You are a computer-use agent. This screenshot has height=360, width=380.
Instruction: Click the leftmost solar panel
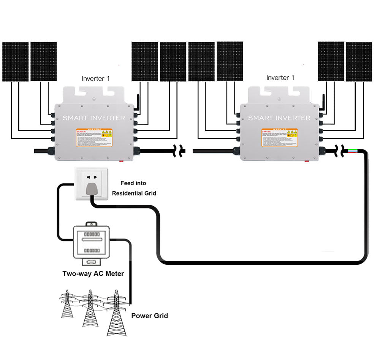(15, 62)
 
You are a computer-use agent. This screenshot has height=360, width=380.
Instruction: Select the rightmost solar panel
(358, 62)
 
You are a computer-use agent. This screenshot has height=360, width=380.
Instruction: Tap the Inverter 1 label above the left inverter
(96, 79)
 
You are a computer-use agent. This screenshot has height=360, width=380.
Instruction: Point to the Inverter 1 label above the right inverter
(280, 77)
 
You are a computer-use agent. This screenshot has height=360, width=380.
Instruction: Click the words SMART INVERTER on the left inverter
(93, 118)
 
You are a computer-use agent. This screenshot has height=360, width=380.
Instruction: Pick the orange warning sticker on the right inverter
(279, 138)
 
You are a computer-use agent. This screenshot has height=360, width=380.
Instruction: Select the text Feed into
(133, 183)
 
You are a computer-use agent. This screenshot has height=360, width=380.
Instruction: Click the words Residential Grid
(134, 193)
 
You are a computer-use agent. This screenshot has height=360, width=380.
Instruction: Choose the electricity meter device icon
(92, 243)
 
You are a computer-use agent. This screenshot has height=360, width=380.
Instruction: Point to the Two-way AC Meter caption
(93, 273)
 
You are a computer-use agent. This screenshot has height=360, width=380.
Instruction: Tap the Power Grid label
(149, 316)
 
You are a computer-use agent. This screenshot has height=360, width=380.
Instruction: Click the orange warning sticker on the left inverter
(94, 138)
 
